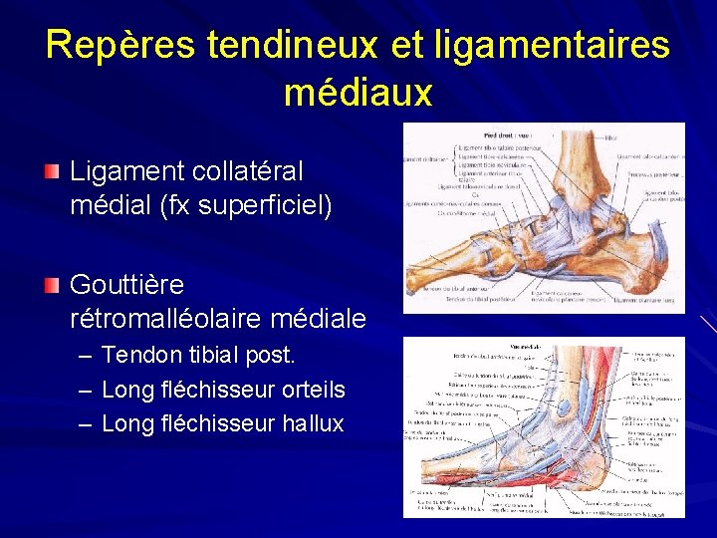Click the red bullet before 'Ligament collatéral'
[x=53, y=172]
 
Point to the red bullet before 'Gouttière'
[x=53, y=286]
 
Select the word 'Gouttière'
[x=126, y=285]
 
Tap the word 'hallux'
[x=312, y=423]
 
